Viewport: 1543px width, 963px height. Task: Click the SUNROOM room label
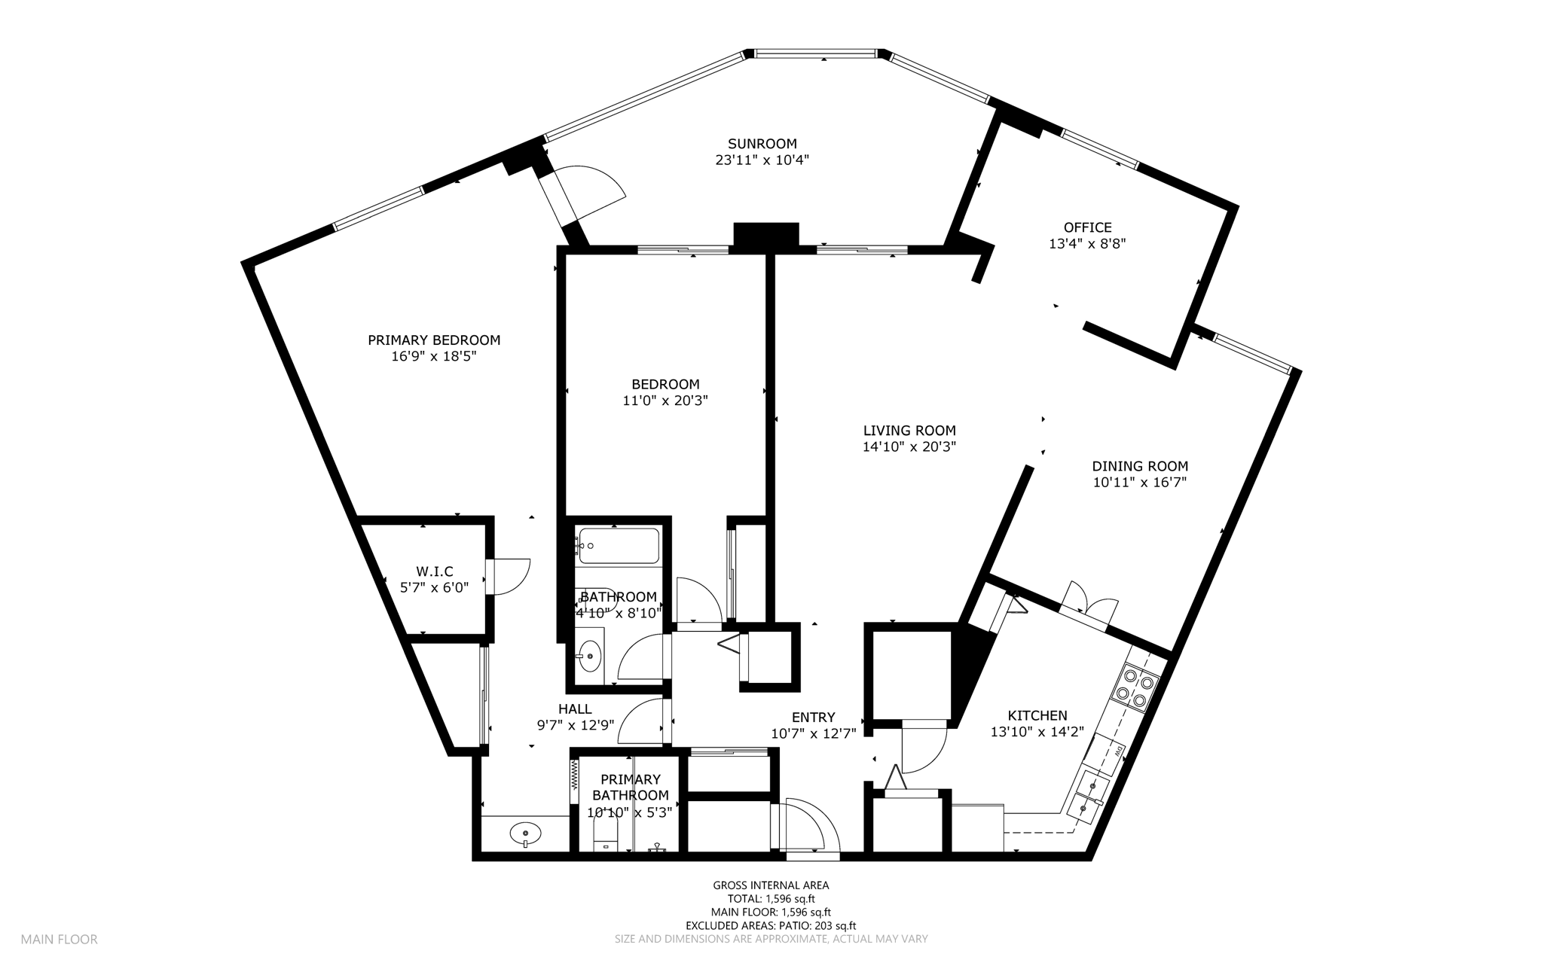coord(762,144)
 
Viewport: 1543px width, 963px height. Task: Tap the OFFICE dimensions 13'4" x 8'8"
coord(1087,244)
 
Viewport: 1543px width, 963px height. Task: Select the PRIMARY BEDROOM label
coord(434,340)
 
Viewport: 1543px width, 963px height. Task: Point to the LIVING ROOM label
coord(909,431)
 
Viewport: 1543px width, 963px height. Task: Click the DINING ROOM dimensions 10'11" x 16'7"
coord(1140,483)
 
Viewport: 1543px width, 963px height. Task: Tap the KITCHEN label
coord(1037,716)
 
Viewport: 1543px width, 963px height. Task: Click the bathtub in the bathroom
coord(618,546)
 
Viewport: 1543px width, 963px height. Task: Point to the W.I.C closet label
coord(435,572)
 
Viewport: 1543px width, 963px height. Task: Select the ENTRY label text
coord(814,718)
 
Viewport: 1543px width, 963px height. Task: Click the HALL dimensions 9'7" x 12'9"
coord(575,725)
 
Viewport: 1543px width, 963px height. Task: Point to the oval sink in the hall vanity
coord(525,833)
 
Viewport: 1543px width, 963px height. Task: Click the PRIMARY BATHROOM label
coord(630,788)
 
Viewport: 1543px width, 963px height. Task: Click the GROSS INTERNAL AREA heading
coord(771,885)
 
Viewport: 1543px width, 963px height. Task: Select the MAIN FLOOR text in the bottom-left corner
coord(59,940)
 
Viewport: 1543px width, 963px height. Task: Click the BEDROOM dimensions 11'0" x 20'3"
coord(665,401)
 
